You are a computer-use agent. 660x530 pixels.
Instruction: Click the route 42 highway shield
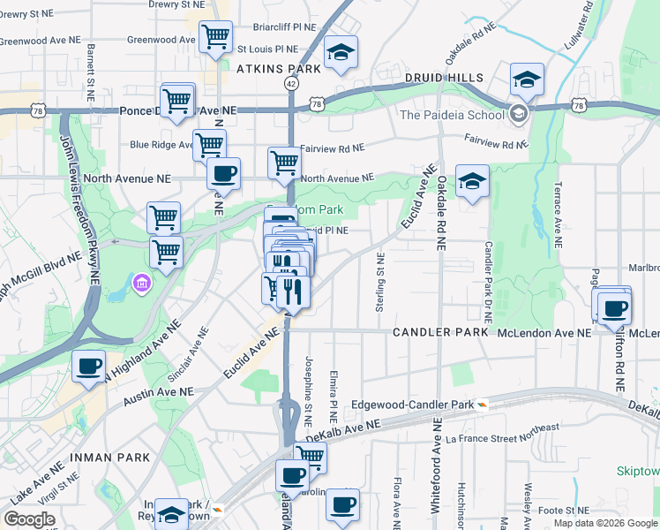pyautogui.click(x=291, y=82)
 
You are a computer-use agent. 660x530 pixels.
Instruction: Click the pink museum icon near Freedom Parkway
pyautogui.click(x=141, y=284)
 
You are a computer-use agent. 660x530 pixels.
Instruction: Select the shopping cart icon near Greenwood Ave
pyautogui.click(x=216, y=37)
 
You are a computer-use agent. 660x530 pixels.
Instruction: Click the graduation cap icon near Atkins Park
pyautogui.click(x=341, y=52)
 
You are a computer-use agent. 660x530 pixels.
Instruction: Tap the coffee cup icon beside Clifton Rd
pyautogui.click(x=614, y=309)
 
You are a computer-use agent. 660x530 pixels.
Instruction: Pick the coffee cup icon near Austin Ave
pyautogui.click(x=88, y=366)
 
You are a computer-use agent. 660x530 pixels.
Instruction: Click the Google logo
pyautogui.click(x=30, y=519)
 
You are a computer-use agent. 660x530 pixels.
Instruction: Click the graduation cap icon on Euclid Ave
pyautogui.click(x=471, y=182)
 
